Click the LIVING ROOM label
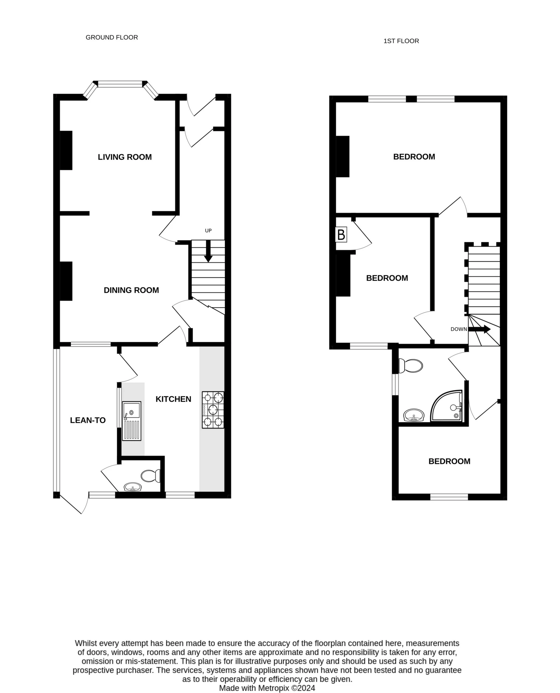click(x=125, y=157)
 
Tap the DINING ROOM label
click(x=131, y=290)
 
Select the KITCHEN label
click(x=173, y=399)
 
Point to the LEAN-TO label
click(x=88, y=420)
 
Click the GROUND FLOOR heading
click(x=112, y=37)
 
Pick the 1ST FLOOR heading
click(x=401, y=41)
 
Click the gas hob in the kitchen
click(x=213, y=410)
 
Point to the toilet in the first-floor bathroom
click(x=411, y=366)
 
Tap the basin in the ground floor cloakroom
click(x=133, y=487)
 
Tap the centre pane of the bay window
click(x=120, y=84)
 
